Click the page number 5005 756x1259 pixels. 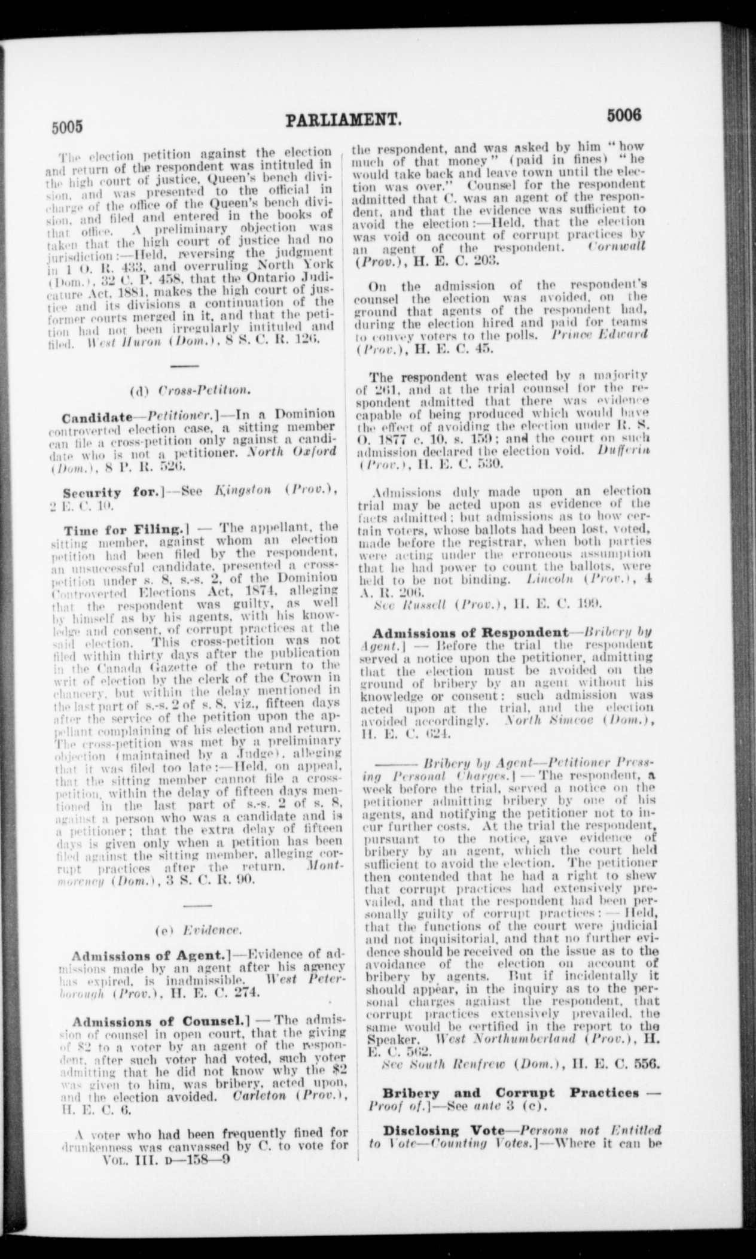[65, 127]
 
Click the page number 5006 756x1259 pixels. [624, 114]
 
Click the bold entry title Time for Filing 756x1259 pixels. [126, 530]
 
